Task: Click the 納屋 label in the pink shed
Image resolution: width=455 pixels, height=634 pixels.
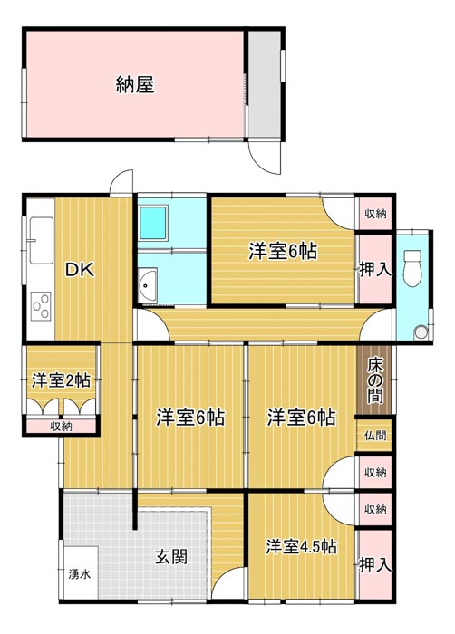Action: coord(135,85)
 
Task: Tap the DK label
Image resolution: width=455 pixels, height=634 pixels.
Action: coord(80,270)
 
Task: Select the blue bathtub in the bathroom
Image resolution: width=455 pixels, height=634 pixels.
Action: coord(153,222)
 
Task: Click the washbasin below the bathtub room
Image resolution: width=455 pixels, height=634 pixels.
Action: coord(147,285)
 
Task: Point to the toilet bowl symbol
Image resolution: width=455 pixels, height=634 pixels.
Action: coord(412,268)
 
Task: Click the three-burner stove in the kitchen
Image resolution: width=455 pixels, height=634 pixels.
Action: coord(42,306)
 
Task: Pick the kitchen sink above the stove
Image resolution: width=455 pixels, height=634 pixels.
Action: coord(41,240)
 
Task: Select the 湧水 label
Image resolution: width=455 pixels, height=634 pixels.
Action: coord(80,574)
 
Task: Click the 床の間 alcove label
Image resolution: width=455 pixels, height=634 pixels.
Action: coord(375,381)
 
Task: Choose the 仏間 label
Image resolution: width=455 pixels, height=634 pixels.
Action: coord(375,436)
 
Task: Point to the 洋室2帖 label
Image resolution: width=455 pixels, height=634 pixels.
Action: coord(61,380)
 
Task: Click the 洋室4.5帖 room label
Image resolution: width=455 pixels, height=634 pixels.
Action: coord(301,547)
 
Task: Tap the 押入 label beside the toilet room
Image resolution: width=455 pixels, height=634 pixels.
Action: coord(376,270)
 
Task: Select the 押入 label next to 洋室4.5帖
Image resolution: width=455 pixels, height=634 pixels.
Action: coord(376,565)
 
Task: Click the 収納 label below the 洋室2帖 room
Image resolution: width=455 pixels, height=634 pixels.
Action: coord(61,427)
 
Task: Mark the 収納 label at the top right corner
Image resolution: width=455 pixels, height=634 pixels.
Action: coord(375,214)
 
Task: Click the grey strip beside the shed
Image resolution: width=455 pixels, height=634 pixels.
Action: coord(265,84)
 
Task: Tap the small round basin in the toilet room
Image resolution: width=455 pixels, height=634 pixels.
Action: coord(421,332)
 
